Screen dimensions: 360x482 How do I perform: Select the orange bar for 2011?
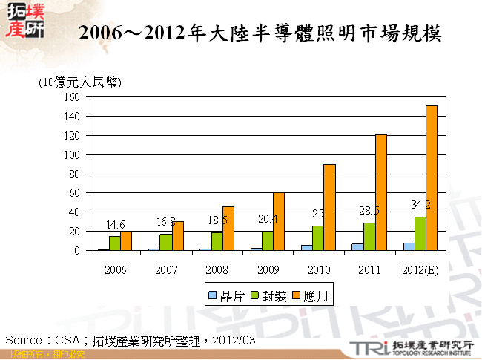381,192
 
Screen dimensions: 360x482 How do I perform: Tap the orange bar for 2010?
330,207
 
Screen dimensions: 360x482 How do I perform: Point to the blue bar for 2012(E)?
408,246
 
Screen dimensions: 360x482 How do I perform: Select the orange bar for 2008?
228,229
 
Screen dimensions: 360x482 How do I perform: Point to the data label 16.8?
165,222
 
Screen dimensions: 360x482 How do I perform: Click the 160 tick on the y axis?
71,97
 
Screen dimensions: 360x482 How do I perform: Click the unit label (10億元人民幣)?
79,82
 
